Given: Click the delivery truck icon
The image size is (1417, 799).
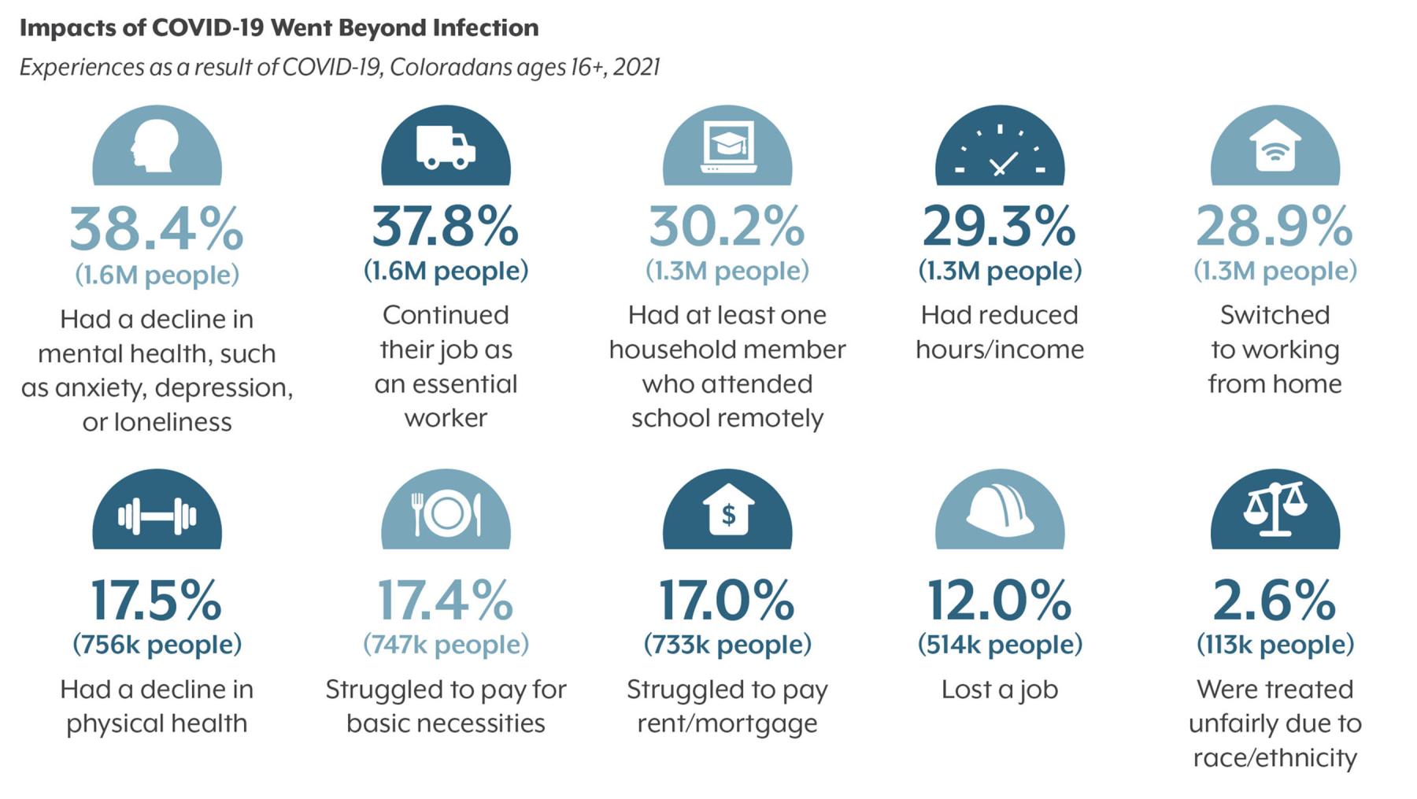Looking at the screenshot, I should [446, 148].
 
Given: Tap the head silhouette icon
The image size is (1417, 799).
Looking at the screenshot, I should [157, 146].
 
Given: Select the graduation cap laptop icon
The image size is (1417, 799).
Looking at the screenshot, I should [727, 147].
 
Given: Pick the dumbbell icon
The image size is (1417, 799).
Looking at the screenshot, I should [157, 516].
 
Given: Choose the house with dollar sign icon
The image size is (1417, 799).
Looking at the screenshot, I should [727, 512].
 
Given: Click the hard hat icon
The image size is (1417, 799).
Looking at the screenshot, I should [1000, 512].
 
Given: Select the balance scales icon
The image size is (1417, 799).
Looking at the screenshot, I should [1275, 509].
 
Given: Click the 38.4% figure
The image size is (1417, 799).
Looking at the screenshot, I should [157, 229].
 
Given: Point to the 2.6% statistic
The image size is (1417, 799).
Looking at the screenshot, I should [1275, 601].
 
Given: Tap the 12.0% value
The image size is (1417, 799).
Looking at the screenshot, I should [1000, 601].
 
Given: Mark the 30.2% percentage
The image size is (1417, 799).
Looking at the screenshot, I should [727, 226].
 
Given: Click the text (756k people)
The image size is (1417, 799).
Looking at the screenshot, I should [157, 645].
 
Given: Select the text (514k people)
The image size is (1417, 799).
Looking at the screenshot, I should [1000, 645].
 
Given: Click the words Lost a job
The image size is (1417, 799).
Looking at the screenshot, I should [1000, 690].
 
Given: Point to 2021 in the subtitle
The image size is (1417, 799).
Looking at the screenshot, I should [636, 67].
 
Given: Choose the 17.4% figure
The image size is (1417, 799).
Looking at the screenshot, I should [446, 601].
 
